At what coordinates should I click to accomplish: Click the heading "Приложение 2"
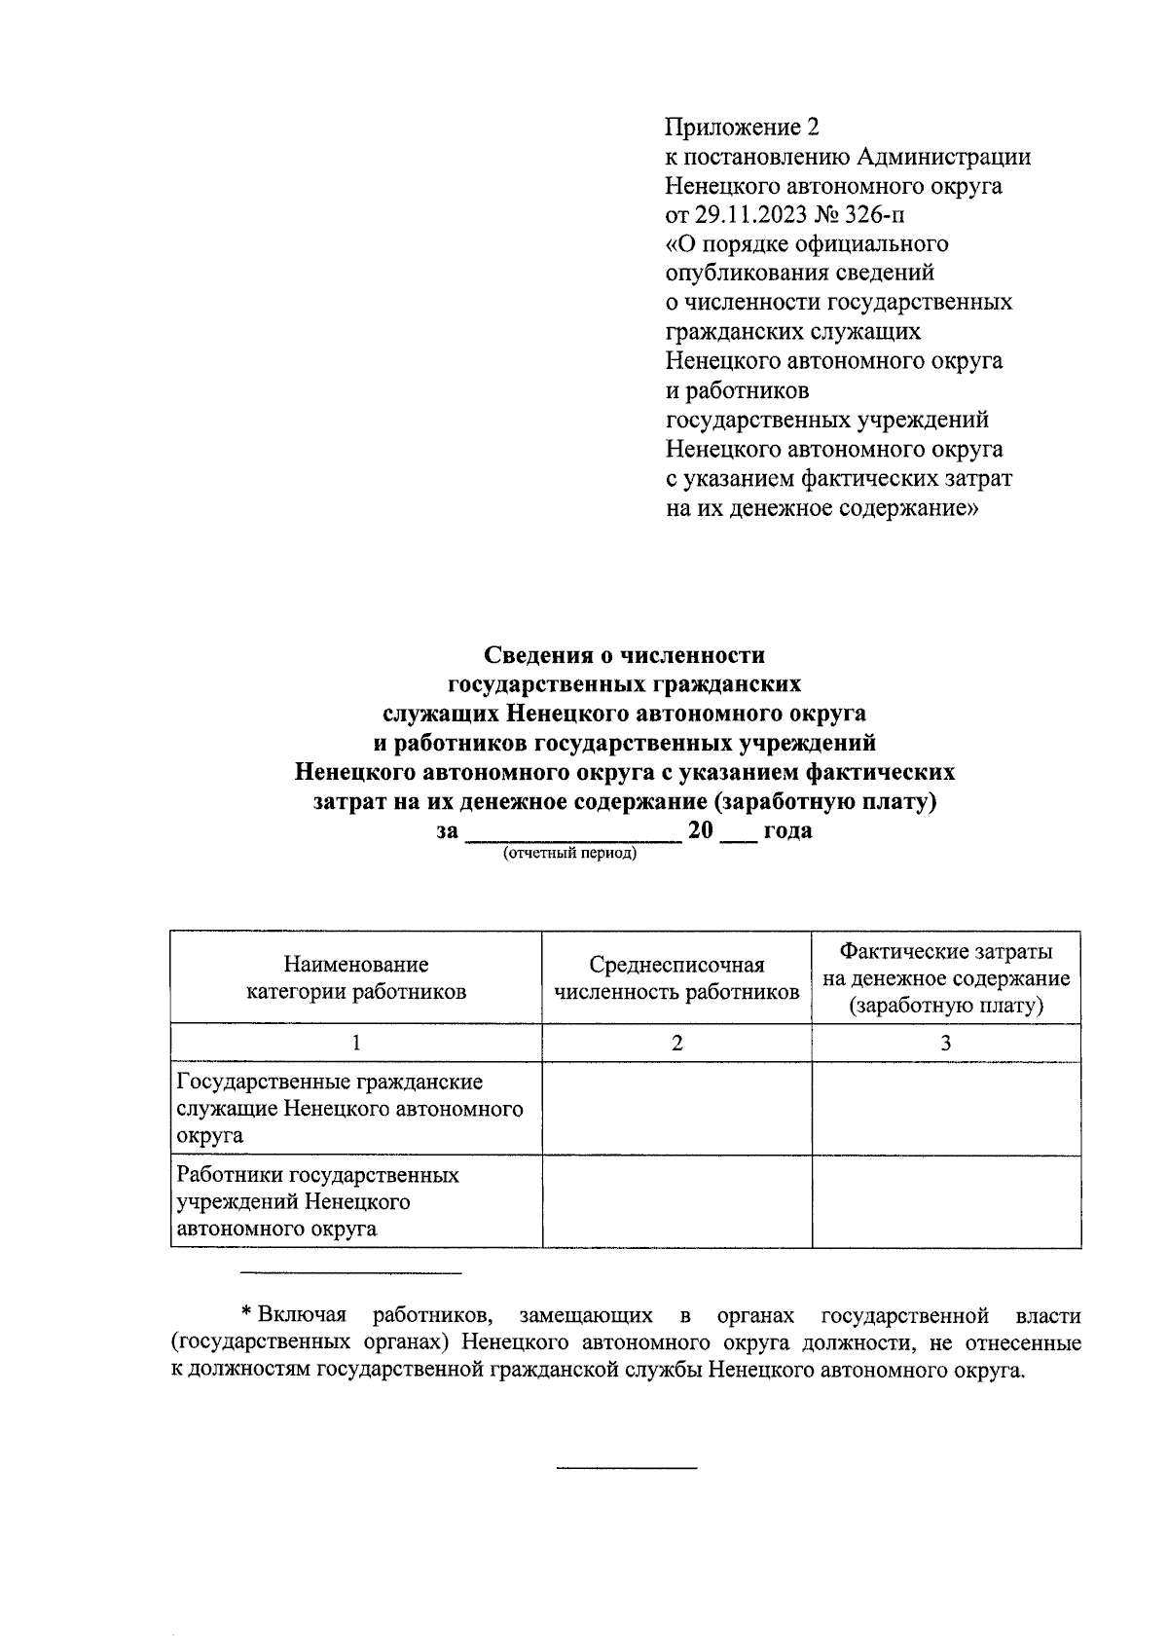point(743,128)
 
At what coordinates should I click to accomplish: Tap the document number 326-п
point(876,215)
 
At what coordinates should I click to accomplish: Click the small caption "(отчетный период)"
point(568,854)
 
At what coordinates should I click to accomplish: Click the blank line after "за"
point(572,833)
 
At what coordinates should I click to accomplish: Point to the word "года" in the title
point(787,831)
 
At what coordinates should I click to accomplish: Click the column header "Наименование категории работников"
point(355,977)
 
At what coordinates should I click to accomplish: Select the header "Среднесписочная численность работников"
point(676,977)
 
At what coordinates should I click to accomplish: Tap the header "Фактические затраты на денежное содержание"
point(946,977)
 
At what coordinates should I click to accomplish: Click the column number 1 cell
point(355,1043)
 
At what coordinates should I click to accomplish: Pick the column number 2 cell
point(676,1043)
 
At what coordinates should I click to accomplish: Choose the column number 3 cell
point(946,1043)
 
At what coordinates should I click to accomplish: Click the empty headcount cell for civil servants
point(676,1109)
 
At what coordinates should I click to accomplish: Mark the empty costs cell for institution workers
point(946,1201)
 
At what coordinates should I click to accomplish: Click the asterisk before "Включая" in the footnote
point(246,1314)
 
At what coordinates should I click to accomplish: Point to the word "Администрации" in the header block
point(943,157)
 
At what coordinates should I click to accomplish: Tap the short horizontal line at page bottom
point(626,1467)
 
